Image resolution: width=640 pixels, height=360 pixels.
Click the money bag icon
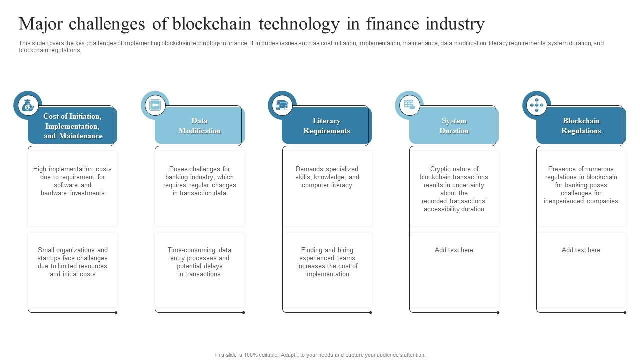coord(28,105)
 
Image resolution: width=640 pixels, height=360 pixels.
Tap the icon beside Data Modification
coord(155,105)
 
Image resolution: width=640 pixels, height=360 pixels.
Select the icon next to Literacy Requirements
coord(282,105)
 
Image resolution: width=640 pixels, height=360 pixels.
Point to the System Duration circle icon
coord(409,105)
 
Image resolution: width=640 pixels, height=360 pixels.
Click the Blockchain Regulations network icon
coord(537,105)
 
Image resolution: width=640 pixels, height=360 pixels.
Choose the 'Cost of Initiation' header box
coord(73,126)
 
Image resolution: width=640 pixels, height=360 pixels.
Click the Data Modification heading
coord(200,126)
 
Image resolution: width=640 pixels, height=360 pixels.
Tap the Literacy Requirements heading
coord(327,126)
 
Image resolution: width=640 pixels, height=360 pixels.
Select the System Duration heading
coord(454,126)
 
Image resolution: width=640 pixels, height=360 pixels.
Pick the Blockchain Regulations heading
coord(581,126)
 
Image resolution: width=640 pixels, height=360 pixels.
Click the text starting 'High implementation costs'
coord(73,181)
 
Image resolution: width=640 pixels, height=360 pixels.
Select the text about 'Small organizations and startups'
coord(73,262)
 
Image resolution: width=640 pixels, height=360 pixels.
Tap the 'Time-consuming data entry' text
coord(200,262)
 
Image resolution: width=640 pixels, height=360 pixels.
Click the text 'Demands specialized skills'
coord(327,177)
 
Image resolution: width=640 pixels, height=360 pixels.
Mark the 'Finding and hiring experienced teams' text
coord(327,262)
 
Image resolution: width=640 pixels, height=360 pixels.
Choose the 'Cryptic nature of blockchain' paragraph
coord(454,189)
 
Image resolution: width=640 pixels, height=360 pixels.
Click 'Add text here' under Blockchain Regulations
coord(581,250)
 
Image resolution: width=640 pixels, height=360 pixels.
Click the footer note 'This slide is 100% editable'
coord(320,355)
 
